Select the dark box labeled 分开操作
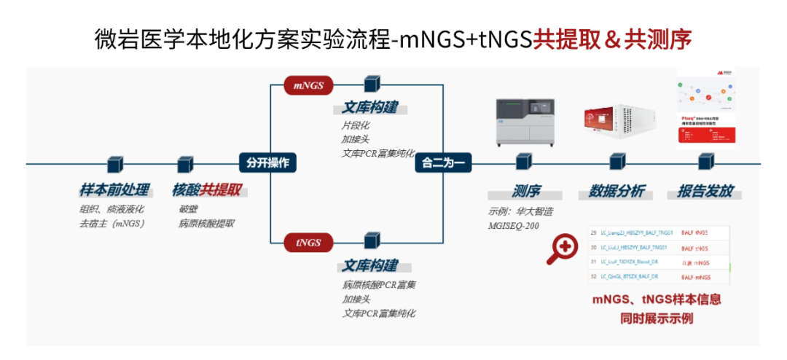(x=267, y=163)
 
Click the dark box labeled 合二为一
(x=443, y=163)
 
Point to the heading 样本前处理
(x=114, y=191)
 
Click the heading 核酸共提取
(x=207, y=191)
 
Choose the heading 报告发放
(x=705, y=192)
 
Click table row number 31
(x=594, y=262)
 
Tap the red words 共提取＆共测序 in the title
(x=611, y=39)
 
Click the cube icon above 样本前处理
(x=114, y=163)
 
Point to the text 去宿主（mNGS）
(x=112, y=224)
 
